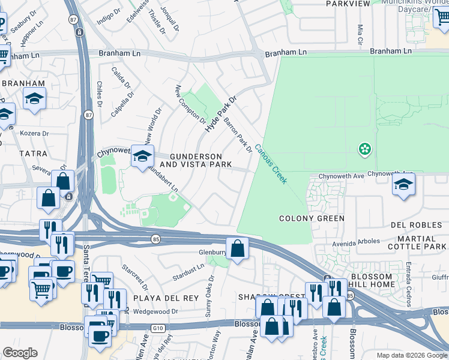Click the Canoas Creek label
click(271, 164)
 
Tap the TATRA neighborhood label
click(33, 154)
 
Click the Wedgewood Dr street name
click(155, 311)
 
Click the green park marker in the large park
click(364, 148)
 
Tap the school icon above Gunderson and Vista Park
click(142, 157)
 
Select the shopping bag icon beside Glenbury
click(238, 247)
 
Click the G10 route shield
click(158, 328)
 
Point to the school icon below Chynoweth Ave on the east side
click(404, 184)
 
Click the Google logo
click(20, 353)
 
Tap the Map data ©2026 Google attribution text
click(411, 355)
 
